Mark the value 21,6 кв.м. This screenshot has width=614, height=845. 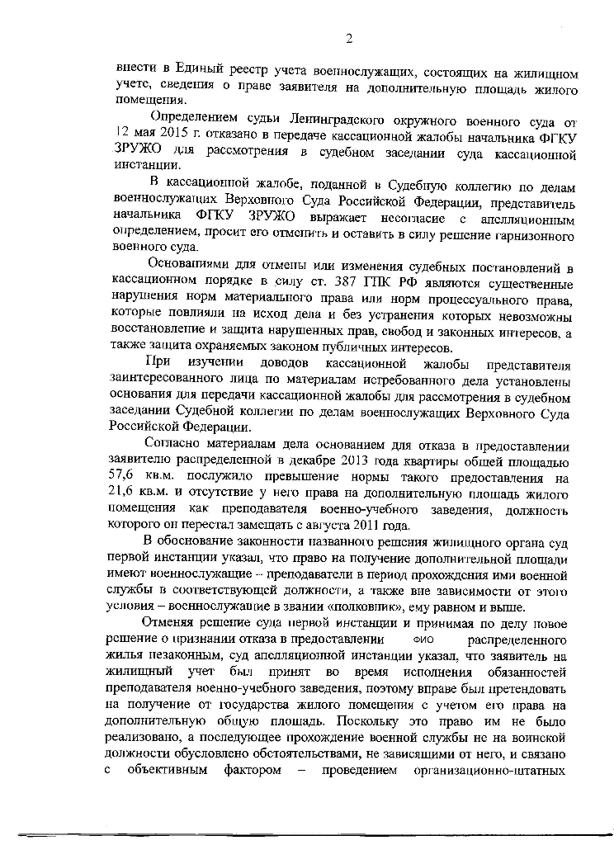tap(137, 494)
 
